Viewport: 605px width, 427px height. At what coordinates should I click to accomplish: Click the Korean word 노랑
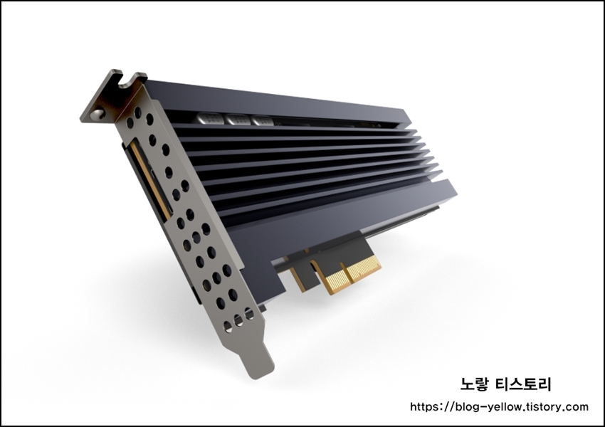coord(474,384)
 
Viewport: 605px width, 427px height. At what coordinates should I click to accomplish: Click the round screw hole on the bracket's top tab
coord(98,113)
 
